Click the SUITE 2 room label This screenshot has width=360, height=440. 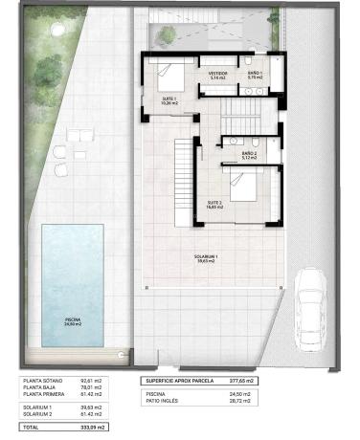tap(214, 203)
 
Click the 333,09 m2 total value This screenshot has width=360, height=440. tap(91, 427)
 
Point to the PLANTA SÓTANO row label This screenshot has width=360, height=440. tap(44, 381)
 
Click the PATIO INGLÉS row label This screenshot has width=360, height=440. tap(164, 400)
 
